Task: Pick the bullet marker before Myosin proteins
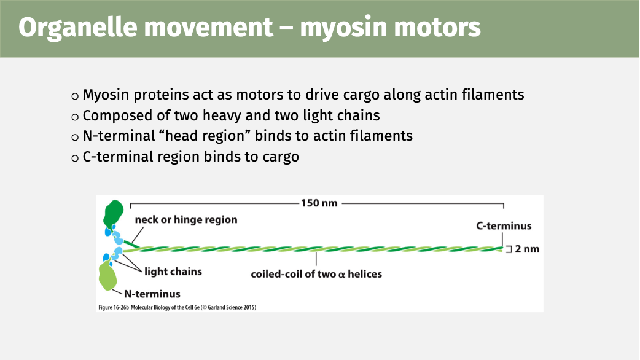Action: tap(75, 96)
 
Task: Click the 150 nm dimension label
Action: tap(319, 203)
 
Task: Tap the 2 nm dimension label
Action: tap(527, 249)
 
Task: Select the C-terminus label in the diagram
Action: tap(504, 226)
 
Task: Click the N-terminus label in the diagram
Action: tap(152, 294)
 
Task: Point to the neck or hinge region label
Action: tap(185, 220)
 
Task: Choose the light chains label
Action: tap(173, 271)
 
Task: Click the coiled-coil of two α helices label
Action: tap(316, 274)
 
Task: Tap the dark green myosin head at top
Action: tap(114, 214)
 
